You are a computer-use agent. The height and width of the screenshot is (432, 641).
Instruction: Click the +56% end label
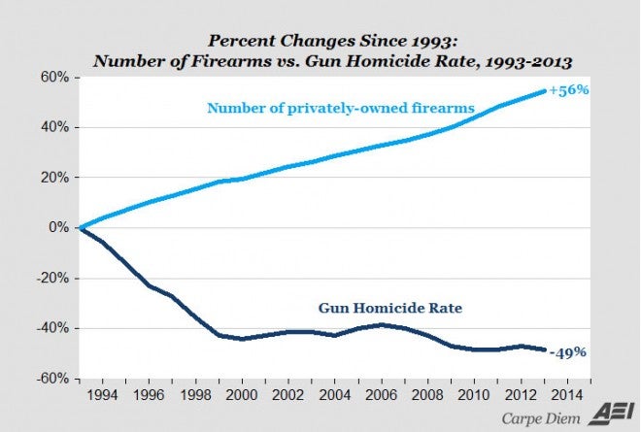569,90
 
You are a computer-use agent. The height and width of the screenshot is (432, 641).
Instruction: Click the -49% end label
568,352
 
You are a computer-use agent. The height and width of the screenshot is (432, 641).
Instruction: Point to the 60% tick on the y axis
53,77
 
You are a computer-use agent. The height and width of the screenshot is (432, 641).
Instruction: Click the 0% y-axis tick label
56,227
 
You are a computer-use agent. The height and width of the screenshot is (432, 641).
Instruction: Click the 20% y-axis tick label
53,178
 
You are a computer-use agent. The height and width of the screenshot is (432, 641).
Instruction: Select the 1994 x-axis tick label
105,395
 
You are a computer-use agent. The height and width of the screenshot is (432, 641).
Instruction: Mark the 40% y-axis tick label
53,127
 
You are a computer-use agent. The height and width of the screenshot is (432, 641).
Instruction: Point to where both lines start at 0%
80,227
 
